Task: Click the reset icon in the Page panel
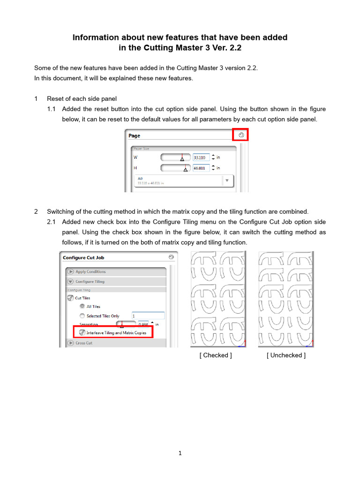241,135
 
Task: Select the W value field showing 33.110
201,157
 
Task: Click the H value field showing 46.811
201,168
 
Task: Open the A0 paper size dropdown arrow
227,180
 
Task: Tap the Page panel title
135,135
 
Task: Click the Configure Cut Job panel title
83,257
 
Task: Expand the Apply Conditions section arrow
70,271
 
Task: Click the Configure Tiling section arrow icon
70,282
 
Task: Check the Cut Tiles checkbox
70,298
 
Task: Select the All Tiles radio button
82,307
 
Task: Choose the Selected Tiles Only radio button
82,316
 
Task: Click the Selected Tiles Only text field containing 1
148,316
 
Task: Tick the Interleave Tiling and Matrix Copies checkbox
82,333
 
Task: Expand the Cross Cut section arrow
70,343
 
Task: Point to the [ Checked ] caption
216,355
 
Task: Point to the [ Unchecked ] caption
286,355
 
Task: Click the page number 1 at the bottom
180,453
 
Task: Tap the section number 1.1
52,109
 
